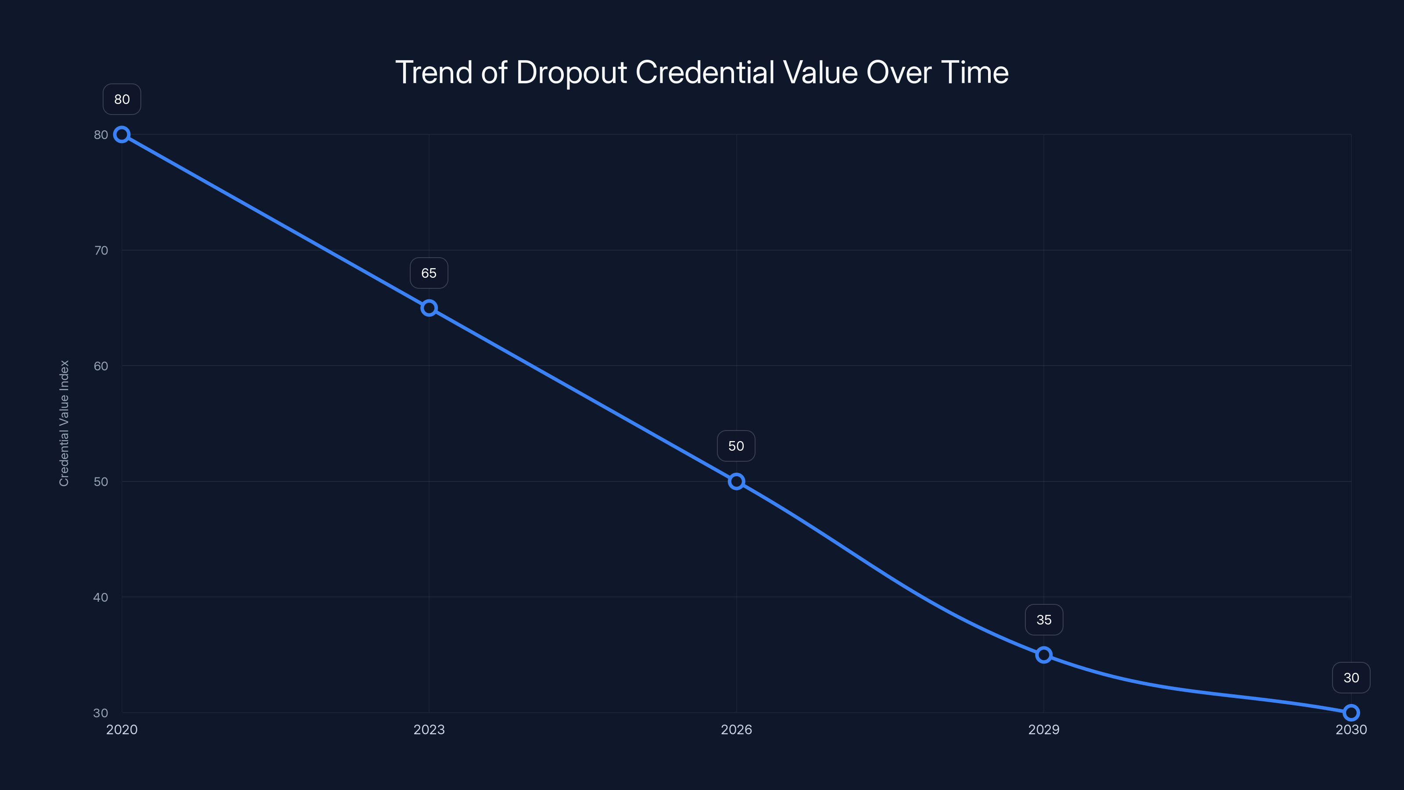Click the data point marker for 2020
coord(122,135)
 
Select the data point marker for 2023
coord(429,308)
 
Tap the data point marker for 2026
coord(736,481)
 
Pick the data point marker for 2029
coord(1044,655)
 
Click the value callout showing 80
coord(122,99)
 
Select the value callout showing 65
coord(429,273)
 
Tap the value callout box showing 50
coord(736,446)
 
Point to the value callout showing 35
coord(1044,620)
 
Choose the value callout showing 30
coord(1351,678)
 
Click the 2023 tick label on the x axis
coord(429,729)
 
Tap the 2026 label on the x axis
coord(736,729)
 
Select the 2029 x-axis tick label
coord(1044,729)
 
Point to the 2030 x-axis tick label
coord(1351,729)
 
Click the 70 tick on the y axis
coord(101,250)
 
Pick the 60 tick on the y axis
coord(101,366)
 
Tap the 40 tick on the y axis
coord(101,597)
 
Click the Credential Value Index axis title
coord(64,423)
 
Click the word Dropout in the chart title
coord(572,72)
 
